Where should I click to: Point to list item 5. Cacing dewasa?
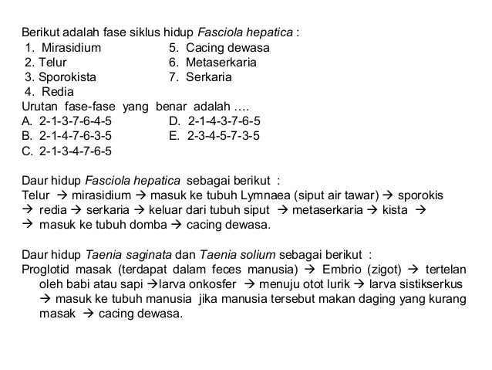[x=218, y=49]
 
